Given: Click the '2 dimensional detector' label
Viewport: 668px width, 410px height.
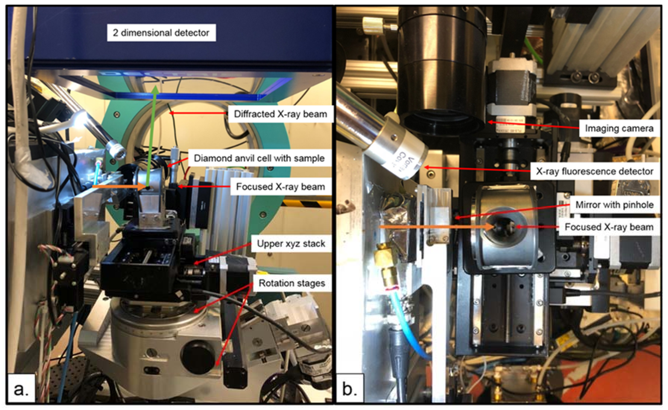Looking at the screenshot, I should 161,33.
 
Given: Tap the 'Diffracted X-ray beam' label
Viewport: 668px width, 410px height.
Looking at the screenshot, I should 280,114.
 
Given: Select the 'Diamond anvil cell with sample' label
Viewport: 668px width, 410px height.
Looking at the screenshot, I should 259,158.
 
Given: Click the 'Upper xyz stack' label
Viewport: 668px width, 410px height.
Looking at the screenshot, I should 291,244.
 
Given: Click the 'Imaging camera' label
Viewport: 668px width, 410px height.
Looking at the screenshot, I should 619,128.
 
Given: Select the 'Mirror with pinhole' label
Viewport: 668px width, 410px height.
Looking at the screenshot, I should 614,205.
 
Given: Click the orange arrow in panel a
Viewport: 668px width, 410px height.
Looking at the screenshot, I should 119,187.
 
